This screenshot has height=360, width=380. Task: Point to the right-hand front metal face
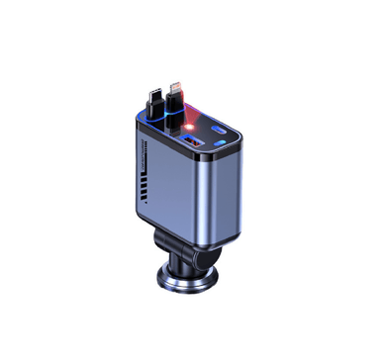point(212,198)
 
